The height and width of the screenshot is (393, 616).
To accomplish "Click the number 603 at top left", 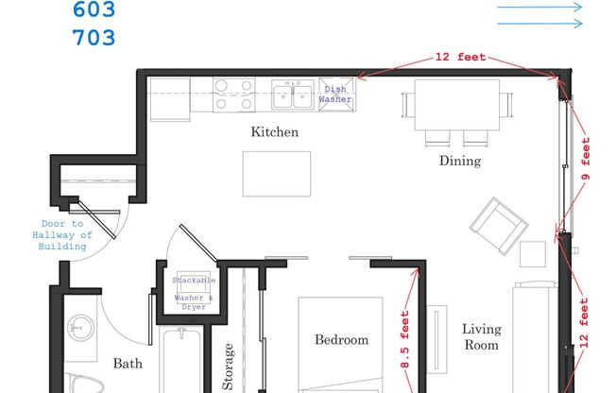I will [94, 10].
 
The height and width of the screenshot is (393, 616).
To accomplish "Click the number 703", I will [94, 38].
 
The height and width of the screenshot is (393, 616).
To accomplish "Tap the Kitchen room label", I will [274, 132].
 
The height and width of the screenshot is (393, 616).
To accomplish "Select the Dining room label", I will [460, 161].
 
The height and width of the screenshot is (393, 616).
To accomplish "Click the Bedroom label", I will [341, 339].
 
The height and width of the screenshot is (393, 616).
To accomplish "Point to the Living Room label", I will [480, 337].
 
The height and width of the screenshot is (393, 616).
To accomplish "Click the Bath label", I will [128, 363].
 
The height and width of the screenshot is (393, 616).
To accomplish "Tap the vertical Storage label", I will [228, 367].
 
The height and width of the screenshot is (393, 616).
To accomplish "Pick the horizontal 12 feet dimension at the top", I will [460, 58].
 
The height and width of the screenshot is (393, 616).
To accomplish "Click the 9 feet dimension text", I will [586, 161].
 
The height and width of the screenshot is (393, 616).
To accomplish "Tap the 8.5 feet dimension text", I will [404, 339].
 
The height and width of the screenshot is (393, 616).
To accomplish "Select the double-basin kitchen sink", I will [295, 94].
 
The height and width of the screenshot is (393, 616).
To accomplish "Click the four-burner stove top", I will [233, 94].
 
